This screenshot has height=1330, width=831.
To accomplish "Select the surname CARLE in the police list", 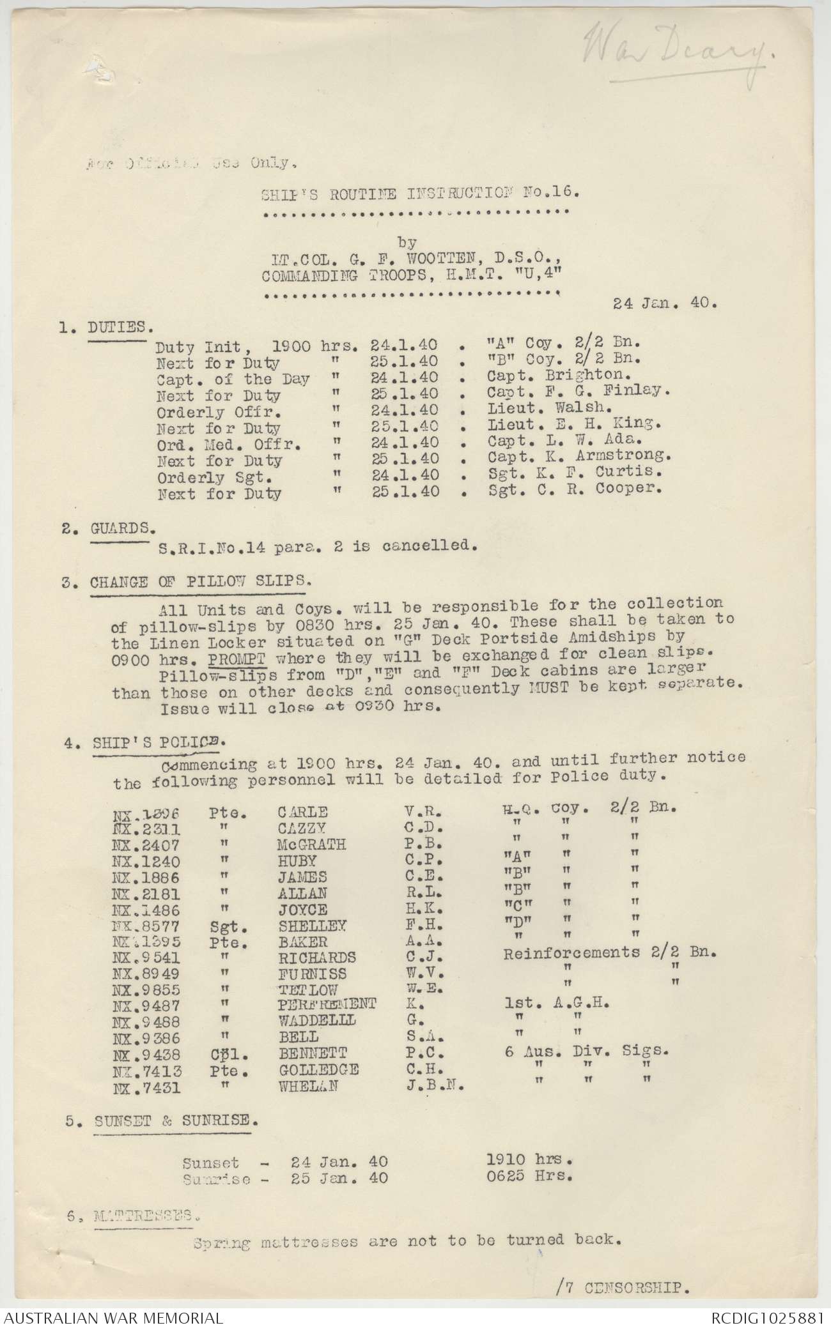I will (303, 811).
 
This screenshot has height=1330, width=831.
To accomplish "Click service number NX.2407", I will (146, 845).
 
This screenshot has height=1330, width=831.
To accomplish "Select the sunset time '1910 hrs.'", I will (529, 1159).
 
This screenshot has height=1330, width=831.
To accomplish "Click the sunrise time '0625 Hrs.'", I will (529, 1176).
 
